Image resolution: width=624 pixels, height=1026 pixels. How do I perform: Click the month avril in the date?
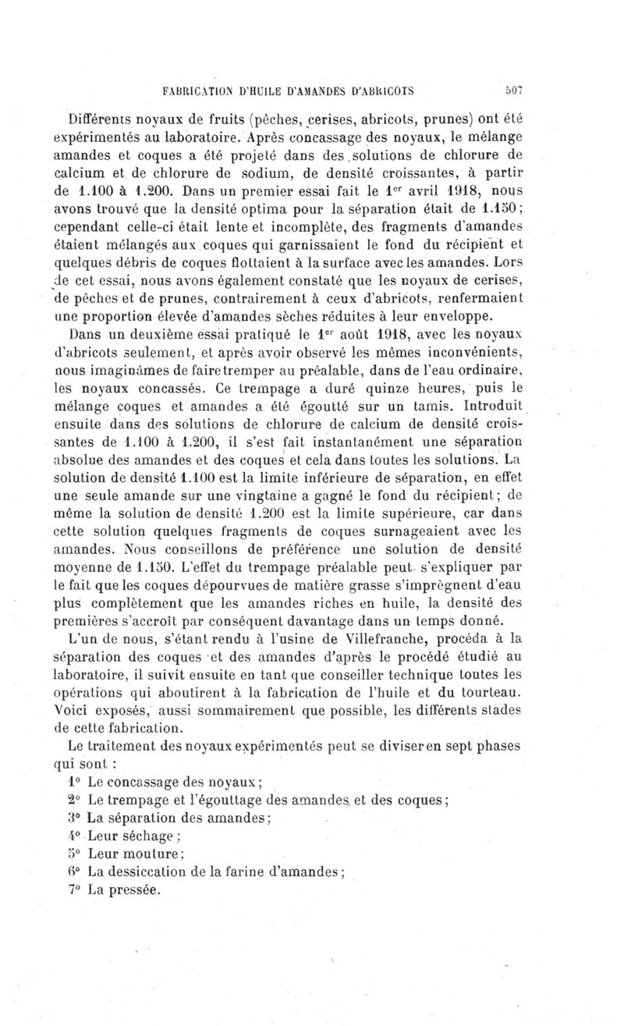[432, 188]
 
